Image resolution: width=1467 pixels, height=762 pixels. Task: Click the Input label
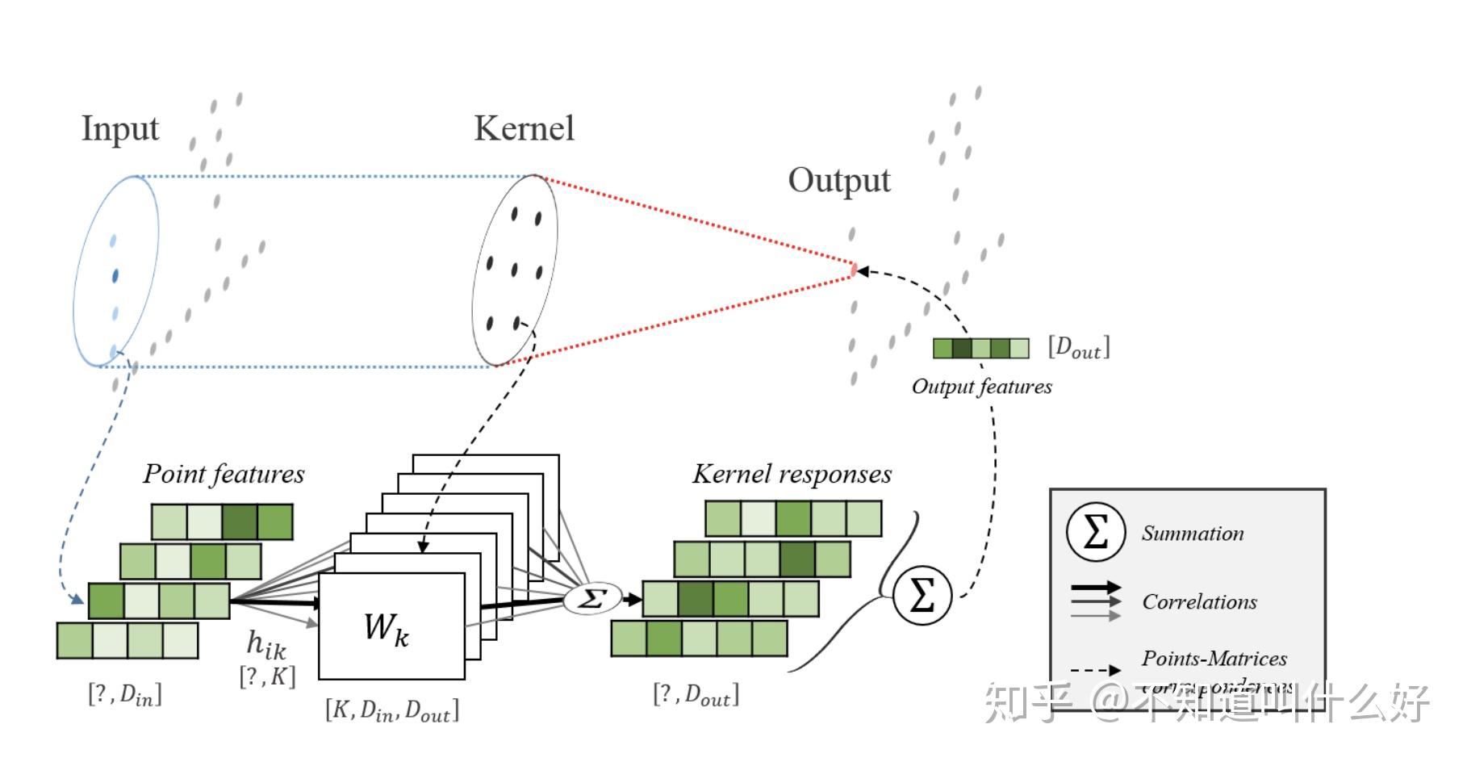point(120,129)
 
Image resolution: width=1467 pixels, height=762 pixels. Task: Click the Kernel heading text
point(524,128)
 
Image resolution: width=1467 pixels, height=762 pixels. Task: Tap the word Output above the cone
point(839,180)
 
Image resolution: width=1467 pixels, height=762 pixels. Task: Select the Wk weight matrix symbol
point(387,628)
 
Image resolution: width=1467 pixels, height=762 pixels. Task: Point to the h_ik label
point(266,644)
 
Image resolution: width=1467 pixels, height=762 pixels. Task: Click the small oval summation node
point(592,599)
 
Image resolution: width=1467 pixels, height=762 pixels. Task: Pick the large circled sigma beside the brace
point(922,596)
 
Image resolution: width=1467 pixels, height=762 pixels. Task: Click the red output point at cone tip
point(854,270)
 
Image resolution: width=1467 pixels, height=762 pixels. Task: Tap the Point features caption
point(224,474)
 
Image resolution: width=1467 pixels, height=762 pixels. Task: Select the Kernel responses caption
point(792,474)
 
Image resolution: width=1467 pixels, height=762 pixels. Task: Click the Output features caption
point(981,387)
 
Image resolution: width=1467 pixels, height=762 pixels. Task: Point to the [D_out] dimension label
point(1079,347)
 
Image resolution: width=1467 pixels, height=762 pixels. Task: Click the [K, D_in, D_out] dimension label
point(392,710)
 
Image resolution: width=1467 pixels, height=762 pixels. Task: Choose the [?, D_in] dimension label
point(124,694)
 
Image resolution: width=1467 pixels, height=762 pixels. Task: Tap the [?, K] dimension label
point(267,676)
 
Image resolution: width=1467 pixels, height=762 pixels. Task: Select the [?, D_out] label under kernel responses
point(696,694)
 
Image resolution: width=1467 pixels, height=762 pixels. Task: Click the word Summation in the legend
point(1192,534)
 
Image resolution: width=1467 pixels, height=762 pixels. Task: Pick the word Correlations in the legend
point(1199,601)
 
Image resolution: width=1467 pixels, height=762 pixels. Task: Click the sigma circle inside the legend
point(1095,532)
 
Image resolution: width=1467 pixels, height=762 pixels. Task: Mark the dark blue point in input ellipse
point(115,276)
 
